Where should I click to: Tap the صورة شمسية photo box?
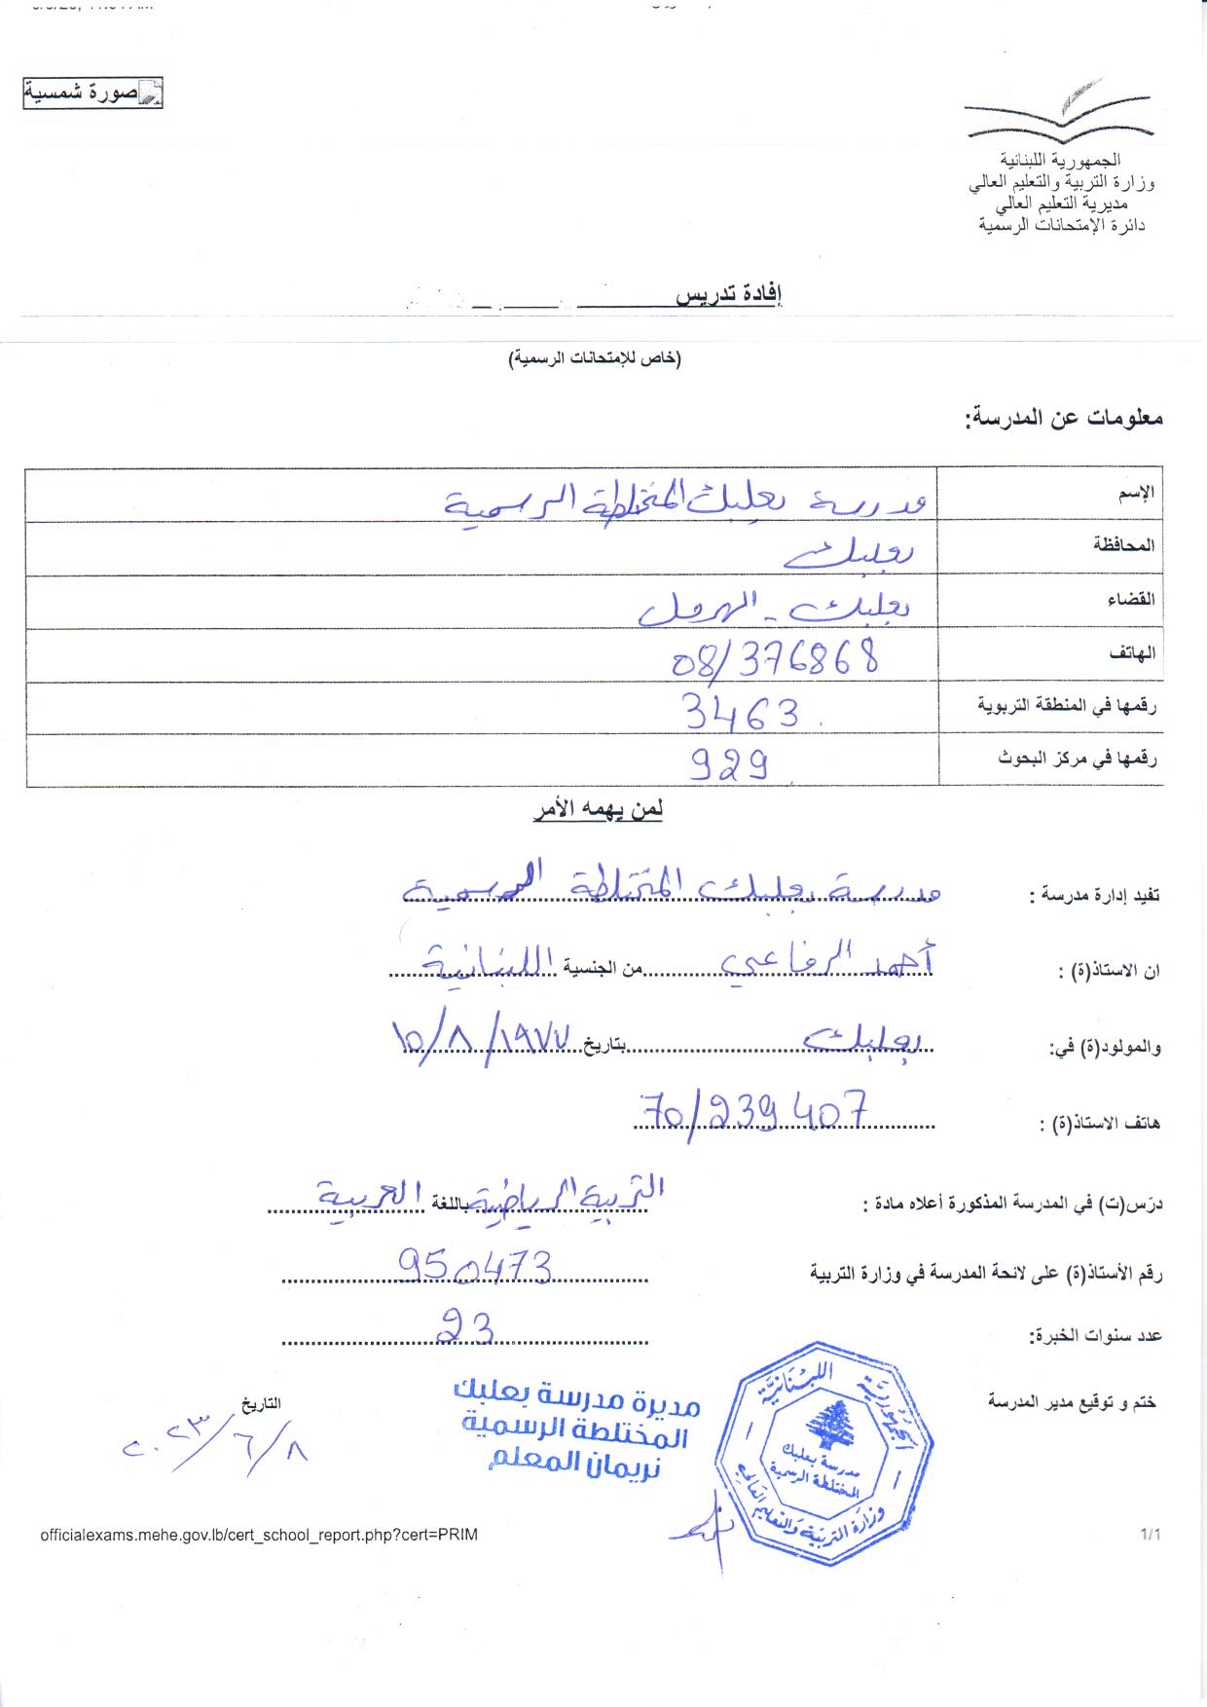click(x=92, y=93)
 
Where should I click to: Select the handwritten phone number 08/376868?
click(x=776, y=657)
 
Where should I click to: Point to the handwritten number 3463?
click(x=742, y=712)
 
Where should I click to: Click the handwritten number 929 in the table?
click(x=730, y=764)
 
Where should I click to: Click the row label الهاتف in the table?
click(x=1132, y=653)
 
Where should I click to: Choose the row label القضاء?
click(x=1130, y=599)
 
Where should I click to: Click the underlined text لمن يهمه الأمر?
click(x=598, y=810)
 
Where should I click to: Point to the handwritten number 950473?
click(x=475, y=1267)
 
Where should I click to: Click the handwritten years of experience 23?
click(x=465, y=1325)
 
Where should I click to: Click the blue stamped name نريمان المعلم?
click(x=574, y=1464)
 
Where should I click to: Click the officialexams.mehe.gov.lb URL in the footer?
click(x=259, y=1535)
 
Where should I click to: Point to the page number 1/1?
click(x=1151, y=1535)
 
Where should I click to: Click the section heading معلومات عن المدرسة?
click(x=1064, y=419)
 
